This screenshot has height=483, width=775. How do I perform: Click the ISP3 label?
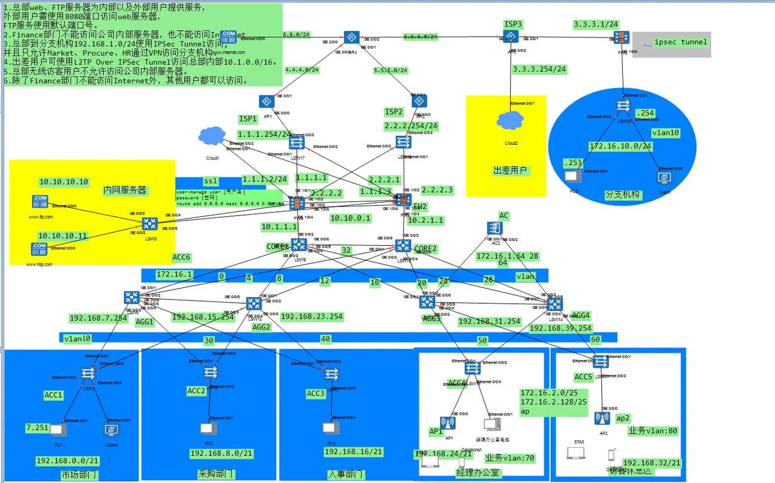pyautogui.click(x=513, y=24)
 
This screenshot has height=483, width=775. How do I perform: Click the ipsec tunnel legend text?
pyautogui.click(x=680, y=42)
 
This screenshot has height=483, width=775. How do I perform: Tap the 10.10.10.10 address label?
pyautogui.click(x=63, y=182)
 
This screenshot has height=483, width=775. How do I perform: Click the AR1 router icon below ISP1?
pyautogui.click(x=267, y=101)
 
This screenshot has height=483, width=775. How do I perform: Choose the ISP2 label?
pyautogui.click(x=394, y=112)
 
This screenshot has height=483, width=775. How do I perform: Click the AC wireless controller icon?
pyautogui.click(x=495, y=228)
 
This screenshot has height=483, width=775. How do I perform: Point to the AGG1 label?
pyautogui.click(x=145, y=322)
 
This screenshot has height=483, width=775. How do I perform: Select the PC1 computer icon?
pyautogui.click(x=58, y=430)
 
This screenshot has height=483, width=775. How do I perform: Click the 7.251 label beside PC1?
pyautogui.click(x=37, y=427)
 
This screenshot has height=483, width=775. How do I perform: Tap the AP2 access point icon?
pyautogui.click(x=602, y=418)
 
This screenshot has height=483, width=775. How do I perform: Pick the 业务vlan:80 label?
pyautogui.click(x=652, y=431)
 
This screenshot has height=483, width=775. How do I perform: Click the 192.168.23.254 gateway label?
pyautogui.click(x=311, y=316)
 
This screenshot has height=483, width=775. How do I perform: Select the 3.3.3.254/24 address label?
pyautogui.click(x=539, y=69)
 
